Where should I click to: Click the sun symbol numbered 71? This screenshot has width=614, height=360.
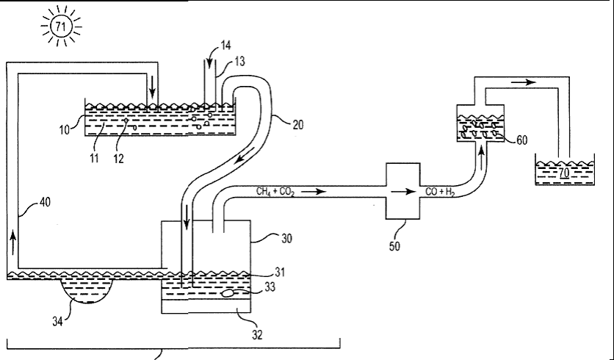click(x=61, y=26)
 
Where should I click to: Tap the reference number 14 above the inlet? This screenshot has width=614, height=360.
click(x=226, y=46)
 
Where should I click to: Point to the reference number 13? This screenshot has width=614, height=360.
click(x=239, y=62)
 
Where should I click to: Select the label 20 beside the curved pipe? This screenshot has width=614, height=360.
click(x=298, y=125)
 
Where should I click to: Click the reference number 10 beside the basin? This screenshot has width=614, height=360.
click(x=65, y=129)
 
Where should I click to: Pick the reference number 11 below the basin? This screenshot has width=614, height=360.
click(x=94, y=159)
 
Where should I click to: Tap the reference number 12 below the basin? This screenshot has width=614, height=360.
click(x=118, y=159)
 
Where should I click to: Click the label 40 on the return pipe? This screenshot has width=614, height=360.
click(x=45, y=203)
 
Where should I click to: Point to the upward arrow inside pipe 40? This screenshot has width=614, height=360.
click(x=13, y=242)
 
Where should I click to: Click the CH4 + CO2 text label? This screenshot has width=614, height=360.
click(x=275, y=192)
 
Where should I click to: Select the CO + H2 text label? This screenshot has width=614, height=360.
click(x=440, y=192)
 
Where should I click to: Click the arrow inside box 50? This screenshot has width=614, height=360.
click(x=403, y=192)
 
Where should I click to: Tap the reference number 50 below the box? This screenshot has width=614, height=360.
click(x=394, y=246)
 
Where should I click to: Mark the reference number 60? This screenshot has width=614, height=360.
click(x=522, y=140)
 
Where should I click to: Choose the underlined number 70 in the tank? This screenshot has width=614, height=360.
click(x=564, y=173)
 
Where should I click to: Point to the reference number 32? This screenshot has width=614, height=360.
click(x=257, y=335)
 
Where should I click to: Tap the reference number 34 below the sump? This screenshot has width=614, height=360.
click(x=57, y=322)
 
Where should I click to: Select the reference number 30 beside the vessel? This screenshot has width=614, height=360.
click(x=286, y=239)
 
